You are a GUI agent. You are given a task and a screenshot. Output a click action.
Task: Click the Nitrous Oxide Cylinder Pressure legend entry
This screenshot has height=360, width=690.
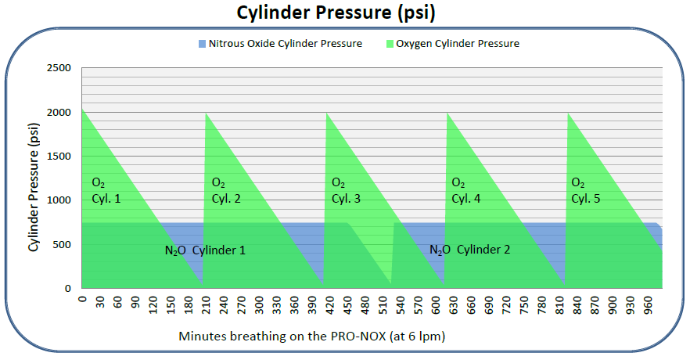click(x=285, y=43)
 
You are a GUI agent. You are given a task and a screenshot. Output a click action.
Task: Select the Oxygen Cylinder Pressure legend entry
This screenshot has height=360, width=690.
click(x=457, y=43)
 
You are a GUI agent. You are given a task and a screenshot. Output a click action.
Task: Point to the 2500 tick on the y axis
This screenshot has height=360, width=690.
click(x=59, y=68)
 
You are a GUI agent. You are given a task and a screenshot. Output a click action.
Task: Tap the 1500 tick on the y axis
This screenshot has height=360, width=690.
click(x=59, y=157)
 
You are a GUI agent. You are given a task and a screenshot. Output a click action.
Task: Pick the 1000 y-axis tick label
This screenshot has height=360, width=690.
click(x=59, y=200)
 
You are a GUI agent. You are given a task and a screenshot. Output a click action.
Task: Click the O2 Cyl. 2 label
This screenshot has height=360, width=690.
click(x=225, y=190)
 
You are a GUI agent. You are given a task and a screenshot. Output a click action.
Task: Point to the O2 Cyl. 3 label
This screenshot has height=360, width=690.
click(x=345, y=190)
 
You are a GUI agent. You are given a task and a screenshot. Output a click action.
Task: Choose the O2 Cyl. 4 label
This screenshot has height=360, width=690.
click(x=466, y=190)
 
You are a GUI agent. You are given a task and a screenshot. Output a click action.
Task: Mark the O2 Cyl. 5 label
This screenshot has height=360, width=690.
click(x=585, y=190)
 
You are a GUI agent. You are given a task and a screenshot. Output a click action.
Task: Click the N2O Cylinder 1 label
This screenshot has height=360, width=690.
click(x=204, y=250)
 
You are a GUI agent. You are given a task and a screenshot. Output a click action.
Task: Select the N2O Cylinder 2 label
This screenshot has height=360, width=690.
click(x=469, y=250)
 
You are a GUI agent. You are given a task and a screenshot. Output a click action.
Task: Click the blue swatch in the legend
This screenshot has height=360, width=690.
click(x=201, y=43)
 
